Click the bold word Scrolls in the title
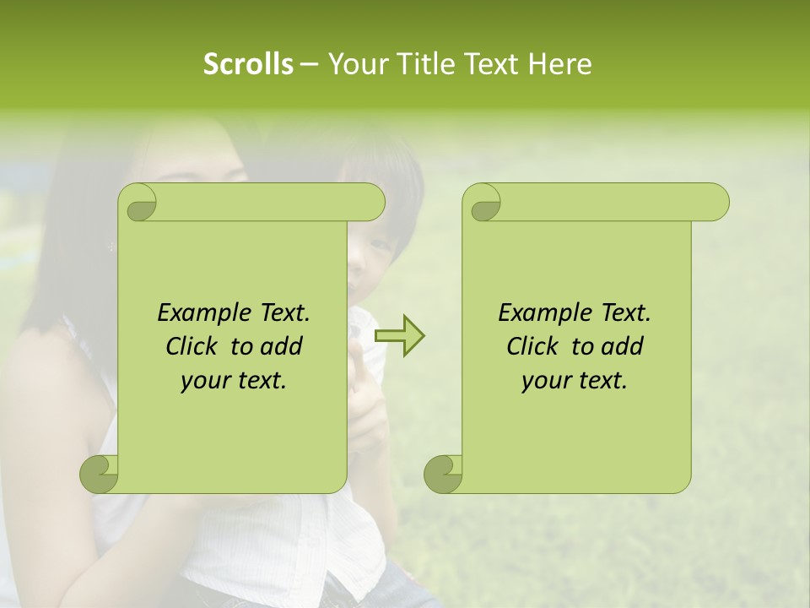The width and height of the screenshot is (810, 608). [248, 64]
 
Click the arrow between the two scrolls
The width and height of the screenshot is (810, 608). [399, 336]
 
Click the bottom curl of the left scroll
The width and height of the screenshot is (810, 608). [100, 474]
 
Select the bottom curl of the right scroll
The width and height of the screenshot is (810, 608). [444, 474]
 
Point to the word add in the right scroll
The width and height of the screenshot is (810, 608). [623, 346]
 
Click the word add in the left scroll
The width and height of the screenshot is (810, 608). [282, 346]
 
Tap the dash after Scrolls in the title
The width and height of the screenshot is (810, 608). [310, 65]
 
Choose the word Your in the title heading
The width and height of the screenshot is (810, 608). [355, 64]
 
